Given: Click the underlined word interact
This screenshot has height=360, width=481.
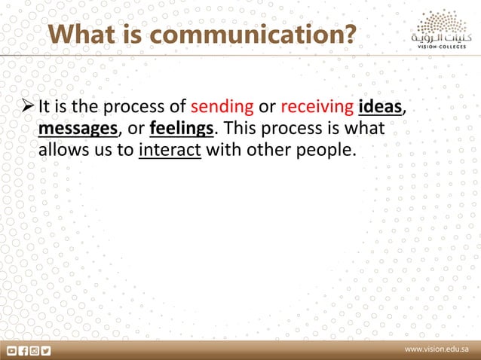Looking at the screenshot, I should [x=170, y=149].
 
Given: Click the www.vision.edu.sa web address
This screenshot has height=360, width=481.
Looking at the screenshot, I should [x=437, y=350].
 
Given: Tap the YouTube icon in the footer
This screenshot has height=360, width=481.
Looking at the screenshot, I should [x=12, y=350].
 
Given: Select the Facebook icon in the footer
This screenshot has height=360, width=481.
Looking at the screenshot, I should [x=23, y=350].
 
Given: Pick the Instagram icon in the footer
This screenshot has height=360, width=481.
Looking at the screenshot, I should [x=34, y=350].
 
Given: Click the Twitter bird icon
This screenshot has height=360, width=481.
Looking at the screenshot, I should [x=45, y=350].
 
